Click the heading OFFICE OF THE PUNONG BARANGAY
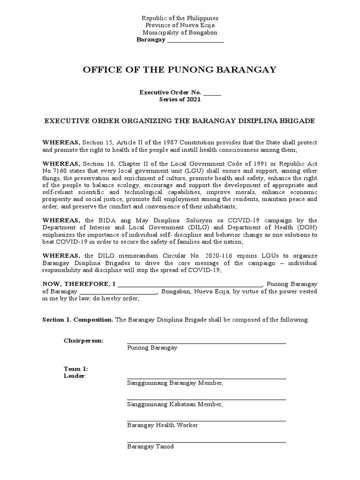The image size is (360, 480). click(x=180, y=70)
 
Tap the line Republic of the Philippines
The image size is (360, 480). click(x=180, y=18)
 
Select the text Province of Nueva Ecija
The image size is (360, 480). click(x=180, y=25)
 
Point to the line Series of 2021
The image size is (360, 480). click(x=180, y=100)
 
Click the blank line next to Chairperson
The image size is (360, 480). click(x=206, y=342)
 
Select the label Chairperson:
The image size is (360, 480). click(x=84, y=340)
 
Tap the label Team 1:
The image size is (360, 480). click(x=75, y=369)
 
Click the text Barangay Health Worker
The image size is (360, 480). click(x=162, y=425)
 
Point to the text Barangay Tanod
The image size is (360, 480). click(x=150, y=446)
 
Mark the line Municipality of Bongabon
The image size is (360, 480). click(x=180, y=33)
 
